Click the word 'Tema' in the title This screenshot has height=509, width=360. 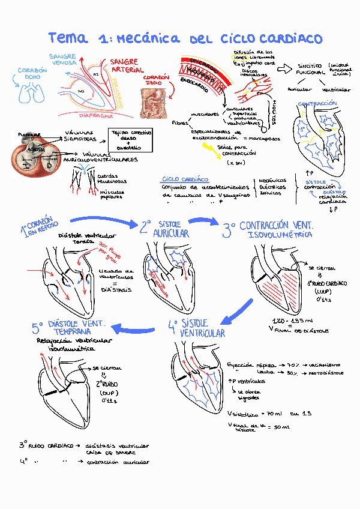point(68,38)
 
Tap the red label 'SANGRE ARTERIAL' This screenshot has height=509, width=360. point(124,66)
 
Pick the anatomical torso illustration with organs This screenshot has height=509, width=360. point(154,103)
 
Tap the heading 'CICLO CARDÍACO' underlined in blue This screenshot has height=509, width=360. point(185,179)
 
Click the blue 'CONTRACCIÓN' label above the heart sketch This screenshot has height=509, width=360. point(317,104)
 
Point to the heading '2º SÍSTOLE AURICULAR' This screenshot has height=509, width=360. point(165,228)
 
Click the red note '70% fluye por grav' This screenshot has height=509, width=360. point(110,253)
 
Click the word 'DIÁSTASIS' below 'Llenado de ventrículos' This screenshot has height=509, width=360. point(113,289)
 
